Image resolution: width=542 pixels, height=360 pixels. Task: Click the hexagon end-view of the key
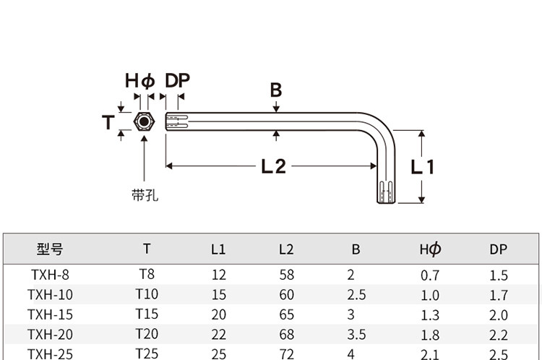(x=144, y=121)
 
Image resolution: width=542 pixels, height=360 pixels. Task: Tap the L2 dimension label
(x=273, y=166)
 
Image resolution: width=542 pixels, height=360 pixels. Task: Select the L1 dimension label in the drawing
(x=423, y=167)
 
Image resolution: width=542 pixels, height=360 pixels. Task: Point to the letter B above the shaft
(x=276, y=90)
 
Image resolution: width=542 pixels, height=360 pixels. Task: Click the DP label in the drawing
(x=177, y=80)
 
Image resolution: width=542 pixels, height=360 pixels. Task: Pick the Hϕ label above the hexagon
(x=139, y=81)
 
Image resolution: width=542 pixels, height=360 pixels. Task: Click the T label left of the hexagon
(x=108, y=122)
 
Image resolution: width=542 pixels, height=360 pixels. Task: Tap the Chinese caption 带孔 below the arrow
(x=145, y=195)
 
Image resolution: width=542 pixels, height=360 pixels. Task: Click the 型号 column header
(x=50, y=249)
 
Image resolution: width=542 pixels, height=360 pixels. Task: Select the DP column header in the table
(x=498, y=249)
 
